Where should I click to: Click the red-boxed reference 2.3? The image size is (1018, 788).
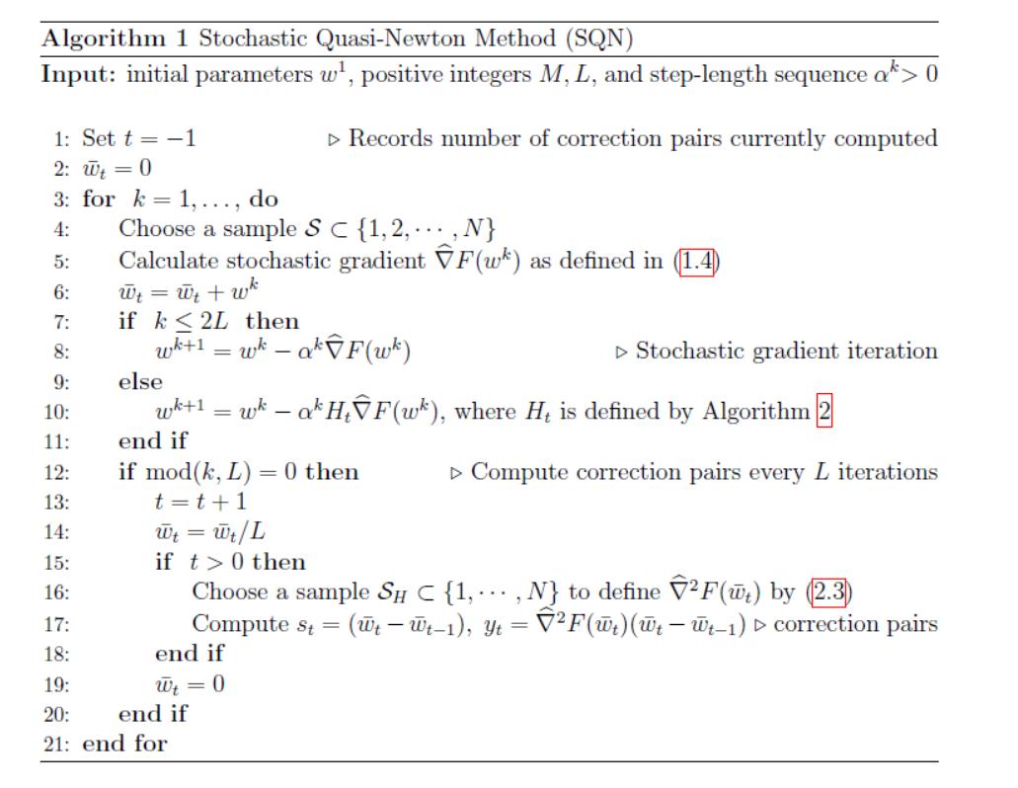coord(829,592)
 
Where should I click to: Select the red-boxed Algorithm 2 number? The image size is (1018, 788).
coord(823,411)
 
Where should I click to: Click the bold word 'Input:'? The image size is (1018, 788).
coord(79,75)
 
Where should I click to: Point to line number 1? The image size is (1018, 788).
coord(59,139)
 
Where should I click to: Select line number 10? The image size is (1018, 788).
coord(55,412)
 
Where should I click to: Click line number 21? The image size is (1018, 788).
coord(55,744)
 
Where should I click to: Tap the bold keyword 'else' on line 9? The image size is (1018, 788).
coord(140,382)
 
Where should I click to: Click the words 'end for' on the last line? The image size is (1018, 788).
coord(124,744)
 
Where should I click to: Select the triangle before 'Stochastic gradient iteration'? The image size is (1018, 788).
coord(621,352)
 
